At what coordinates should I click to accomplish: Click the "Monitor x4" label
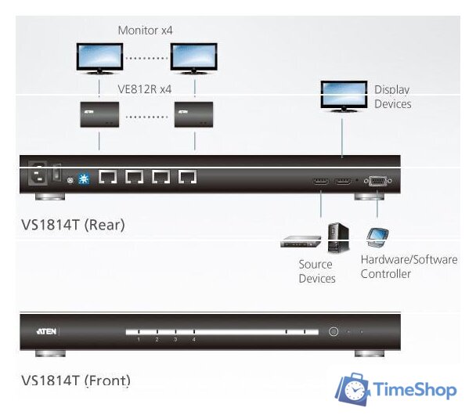tap(145, 31)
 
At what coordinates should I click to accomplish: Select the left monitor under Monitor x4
tap(99, 57)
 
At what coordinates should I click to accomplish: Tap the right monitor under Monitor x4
tap(194, 57)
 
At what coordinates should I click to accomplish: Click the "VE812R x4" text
tap(145, 90)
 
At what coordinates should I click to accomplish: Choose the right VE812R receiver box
tap(194, 114)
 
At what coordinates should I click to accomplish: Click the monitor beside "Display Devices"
tap(343, 95)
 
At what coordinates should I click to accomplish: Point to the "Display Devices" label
tap(392, 97)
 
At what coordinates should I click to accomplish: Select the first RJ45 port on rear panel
tap(108, 178)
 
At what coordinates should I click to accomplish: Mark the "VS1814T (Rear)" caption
tap(73, 225)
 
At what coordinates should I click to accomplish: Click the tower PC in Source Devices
tap(337, 237)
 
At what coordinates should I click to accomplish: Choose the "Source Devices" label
tap(316, 272)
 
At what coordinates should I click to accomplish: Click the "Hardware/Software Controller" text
tap(409, 266)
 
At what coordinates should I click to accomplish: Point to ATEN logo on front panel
tap(46, 332)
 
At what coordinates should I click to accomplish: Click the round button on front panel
tap(334, 332)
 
